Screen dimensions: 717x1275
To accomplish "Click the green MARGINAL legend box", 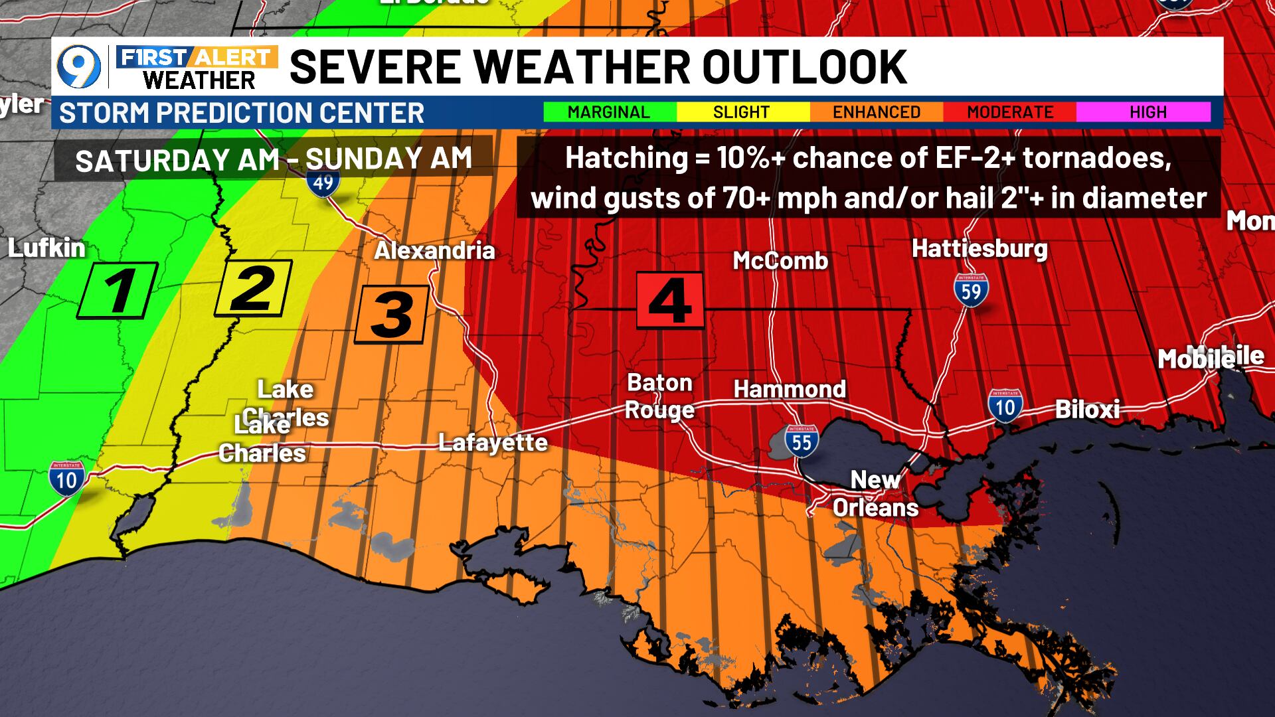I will (x=609, y=112).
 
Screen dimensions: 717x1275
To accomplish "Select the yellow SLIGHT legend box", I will (x=742, y=112).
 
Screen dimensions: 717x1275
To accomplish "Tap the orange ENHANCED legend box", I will (x=877, y=112).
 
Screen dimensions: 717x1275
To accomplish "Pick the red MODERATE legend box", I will (x=1010, y=112).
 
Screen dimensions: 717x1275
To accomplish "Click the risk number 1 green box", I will (x=118, y=290).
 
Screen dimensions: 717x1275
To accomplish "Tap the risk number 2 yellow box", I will (x=254, y=287).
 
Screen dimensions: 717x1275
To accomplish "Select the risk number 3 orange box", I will (x=391, y=315).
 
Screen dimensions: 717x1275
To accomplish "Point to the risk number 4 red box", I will (x=670, y=300).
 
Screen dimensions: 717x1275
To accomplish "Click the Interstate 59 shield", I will (x=971, y=291).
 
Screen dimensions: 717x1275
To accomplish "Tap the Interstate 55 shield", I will (x=802, y=440).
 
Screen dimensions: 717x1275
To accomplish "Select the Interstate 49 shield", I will (x=323, y=180).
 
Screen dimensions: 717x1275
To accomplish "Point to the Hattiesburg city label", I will (x=979, y=249).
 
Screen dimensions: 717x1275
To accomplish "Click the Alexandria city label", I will (x=434, y=251).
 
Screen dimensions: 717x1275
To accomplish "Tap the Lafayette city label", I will (x=493, y=443).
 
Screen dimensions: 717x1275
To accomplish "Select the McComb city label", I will (x=780, y=261).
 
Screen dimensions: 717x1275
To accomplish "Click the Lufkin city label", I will (x=46, y=248).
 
